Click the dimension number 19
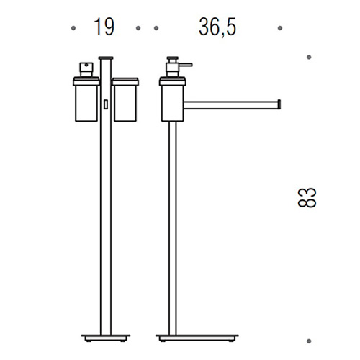(104, 27)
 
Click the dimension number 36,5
(217, 27)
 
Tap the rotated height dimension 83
(307, 197)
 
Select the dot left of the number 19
(73, 28)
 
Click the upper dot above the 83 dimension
(309, 57)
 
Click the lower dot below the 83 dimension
(309, 341)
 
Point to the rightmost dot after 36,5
(280, 28)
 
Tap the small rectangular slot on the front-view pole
(106, 104)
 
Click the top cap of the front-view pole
(106, 58)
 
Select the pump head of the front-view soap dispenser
(86, 70)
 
